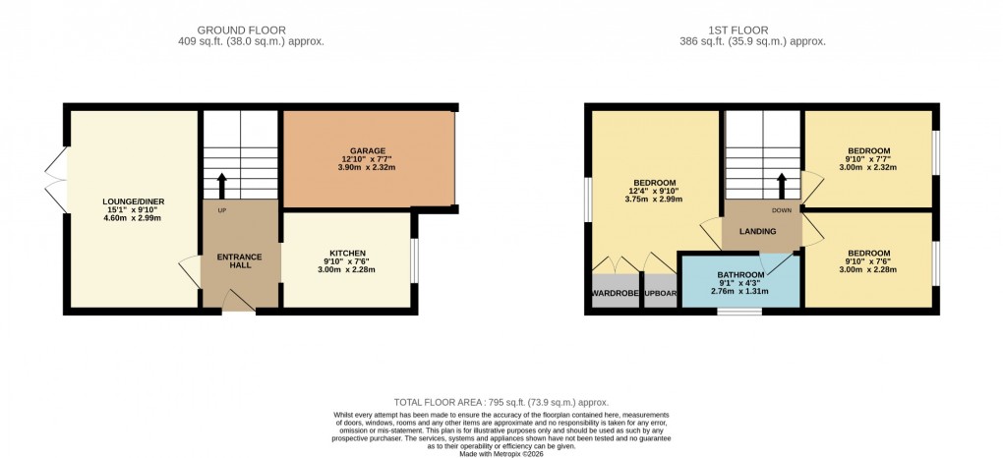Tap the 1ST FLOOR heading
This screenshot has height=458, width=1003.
point(752,29)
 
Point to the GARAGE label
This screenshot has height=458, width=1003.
point(368,150)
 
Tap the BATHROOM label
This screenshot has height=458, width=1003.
point(740,275)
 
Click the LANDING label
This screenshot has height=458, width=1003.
point(757,232)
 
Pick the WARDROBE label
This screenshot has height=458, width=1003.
point(616,293)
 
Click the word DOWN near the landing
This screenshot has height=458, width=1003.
point(782,210)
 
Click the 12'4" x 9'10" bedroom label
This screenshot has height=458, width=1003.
point(654,192)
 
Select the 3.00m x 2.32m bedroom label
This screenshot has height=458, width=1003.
point(868,167)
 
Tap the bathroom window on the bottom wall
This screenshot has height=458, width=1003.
point(738,311)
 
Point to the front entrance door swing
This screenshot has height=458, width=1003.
point(239,301)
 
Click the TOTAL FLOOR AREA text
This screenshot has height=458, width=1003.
point(501,403)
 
